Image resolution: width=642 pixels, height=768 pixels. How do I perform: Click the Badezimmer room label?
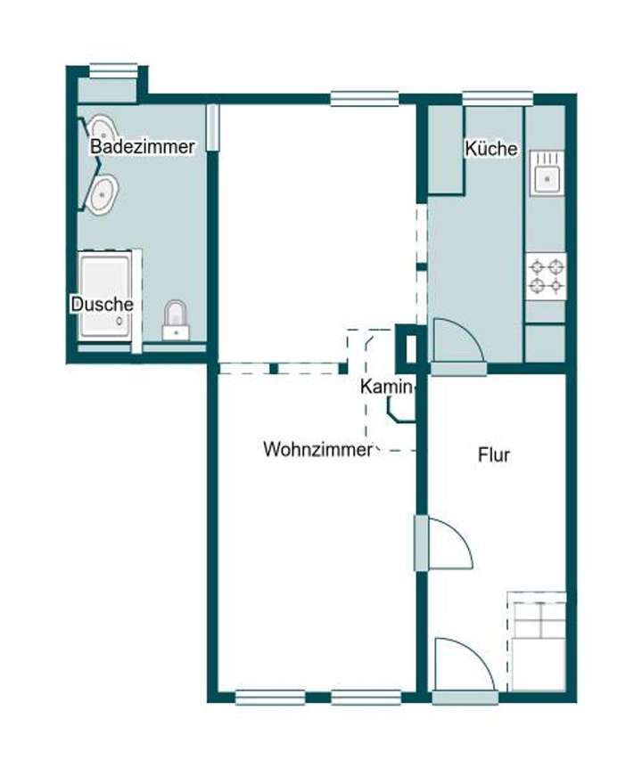click(143, 147)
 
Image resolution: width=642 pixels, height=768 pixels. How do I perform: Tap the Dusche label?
click(103, 304)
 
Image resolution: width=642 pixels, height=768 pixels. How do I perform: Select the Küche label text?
click(491, 149)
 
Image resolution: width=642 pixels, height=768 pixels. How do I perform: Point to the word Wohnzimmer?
click(317, 449)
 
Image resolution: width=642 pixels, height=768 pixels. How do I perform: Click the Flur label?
click(494, 455)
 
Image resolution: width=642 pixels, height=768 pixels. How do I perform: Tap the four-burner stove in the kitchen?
click(545, 275)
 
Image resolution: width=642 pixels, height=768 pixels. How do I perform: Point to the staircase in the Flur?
click(537, 640)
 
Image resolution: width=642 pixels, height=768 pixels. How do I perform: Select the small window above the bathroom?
click(114, 69)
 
